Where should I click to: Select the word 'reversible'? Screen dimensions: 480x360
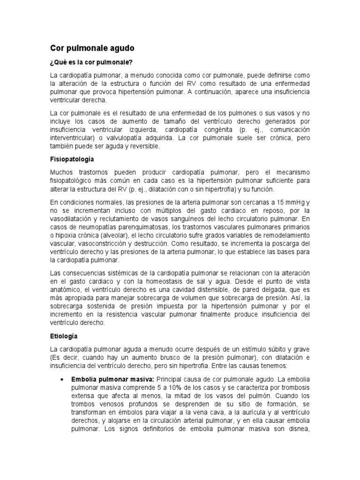142,146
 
